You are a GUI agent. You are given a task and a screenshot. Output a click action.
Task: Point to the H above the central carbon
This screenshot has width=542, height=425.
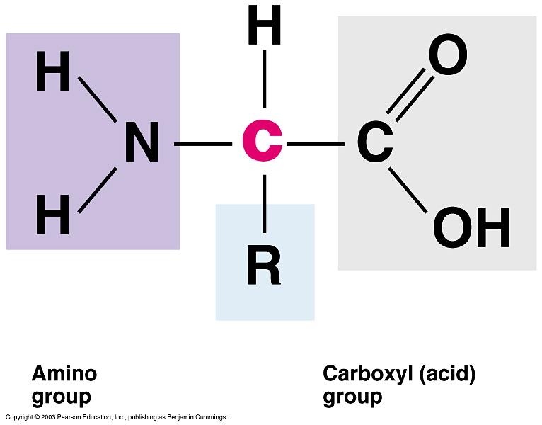coord(264,28)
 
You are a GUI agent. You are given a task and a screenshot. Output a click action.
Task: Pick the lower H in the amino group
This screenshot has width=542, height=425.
coord(53,215)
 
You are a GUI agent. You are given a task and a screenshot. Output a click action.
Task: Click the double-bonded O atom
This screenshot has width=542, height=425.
coord(448,56)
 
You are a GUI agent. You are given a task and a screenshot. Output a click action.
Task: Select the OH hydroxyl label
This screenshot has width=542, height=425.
coord(471,228)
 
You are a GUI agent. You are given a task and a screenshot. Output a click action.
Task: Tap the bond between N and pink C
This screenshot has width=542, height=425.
coord(202,144)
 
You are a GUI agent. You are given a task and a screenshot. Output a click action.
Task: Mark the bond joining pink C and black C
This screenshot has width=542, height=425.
coord(316,144)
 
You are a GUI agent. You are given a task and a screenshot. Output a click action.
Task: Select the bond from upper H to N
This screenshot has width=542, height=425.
coord(98,98)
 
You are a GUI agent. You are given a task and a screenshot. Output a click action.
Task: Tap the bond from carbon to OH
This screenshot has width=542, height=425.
coord(408,190)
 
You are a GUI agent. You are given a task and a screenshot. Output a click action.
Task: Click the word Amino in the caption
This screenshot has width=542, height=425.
coord(64,373)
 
